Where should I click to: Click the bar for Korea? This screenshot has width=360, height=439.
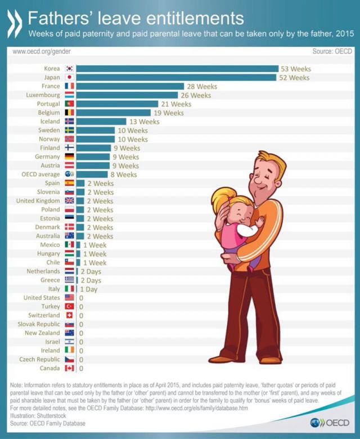pos(177,69)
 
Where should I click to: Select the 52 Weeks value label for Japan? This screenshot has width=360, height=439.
pos(295,78)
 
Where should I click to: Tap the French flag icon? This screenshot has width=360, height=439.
pos(70,86)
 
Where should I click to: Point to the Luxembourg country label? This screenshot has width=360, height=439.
pos(43,95)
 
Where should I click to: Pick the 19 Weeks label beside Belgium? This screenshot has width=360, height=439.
pos(169,113)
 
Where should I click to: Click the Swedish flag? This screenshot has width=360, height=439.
pos(70,131)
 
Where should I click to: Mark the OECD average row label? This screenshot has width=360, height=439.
pos(40,174)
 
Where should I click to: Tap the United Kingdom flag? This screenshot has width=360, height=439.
pos(70,201)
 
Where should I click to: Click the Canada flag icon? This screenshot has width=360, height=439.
pos(70,368)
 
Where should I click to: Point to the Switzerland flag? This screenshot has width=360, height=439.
pos(70,315)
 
